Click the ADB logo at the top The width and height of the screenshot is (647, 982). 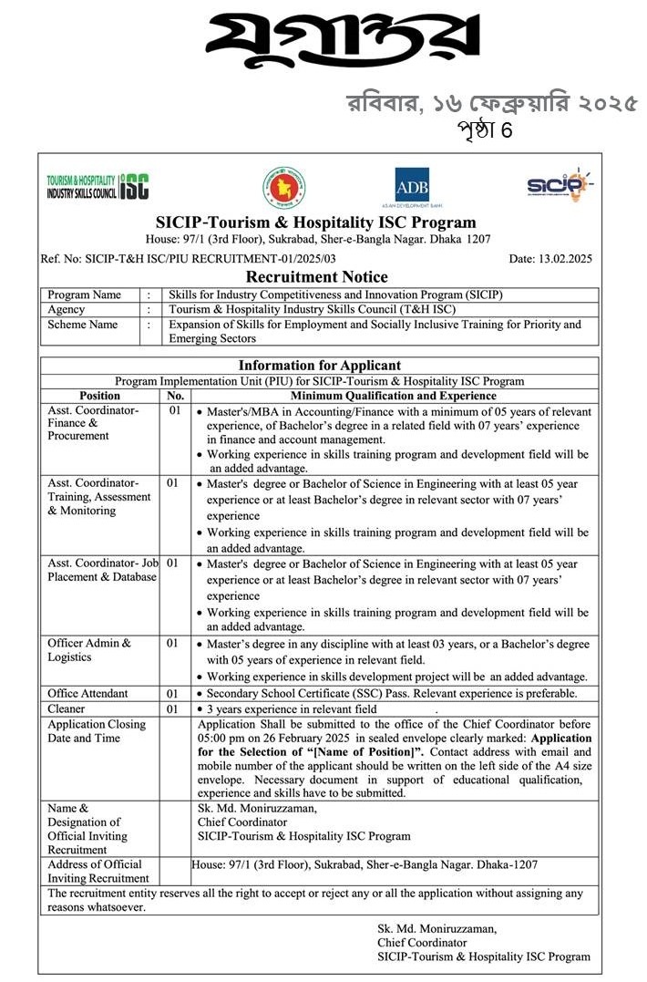[412, 186]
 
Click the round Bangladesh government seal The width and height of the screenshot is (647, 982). [284, 186]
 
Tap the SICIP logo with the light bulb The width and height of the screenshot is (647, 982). [559, 185]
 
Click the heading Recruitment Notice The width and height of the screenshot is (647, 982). [317, 276]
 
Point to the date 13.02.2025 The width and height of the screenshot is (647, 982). [550, 258]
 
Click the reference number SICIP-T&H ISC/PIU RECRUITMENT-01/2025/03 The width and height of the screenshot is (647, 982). [188, 258]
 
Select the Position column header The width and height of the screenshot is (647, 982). [100, 396]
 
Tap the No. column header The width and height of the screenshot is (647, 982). [176, 396]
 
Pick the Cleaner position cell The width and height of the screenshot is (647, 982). [67, 708]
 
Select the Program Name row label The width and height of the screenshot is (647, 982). [84, 295]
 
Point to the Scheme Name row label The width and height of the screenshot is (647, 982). [83, 324]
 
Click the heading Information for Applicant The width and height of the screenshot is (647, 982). [319, 366]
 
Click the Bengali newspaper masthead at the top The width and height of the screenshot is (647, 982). [342, 42]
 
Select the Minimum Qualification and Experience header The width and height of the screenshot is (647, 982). [393, 396]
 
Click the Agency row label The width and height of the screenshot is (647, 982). [67, 309]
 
